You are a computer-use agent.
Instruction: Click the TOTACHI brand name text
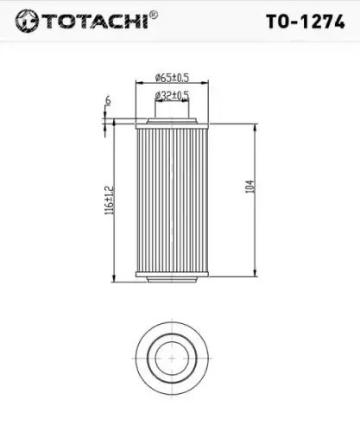click(96, 21)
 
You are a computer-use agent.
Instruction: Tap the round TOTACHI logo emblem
click(27, 21)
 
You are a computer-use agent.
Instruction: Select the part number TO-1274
click(306, 22)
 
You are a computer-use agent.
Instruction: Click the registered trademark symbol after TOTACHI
click(154, 15)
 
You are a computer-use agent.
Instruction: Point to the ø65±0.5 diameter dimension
click(172, 78)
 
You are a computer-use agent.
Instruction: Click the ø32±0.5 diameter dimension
click(172, 96)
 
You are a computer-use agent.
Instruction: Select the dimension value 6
click(108, 101)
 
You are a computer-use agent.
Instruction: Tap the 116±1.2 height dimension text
click(110, 200)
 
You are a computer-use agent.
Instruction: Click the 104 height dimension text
click(250, 187)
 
